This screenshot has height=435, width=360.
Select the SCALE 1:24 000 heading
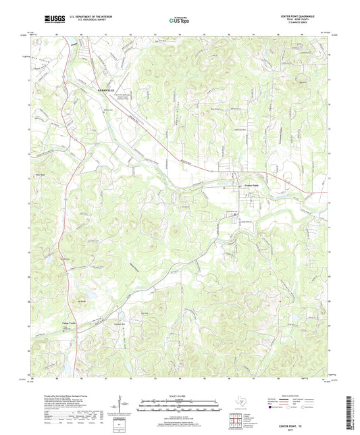click(x=180, y=396)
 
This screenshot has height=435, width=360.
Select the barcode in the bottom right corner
click(x=350, y=416)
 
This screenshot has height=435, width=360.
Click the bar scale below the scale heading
click(x=180, y=407)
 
